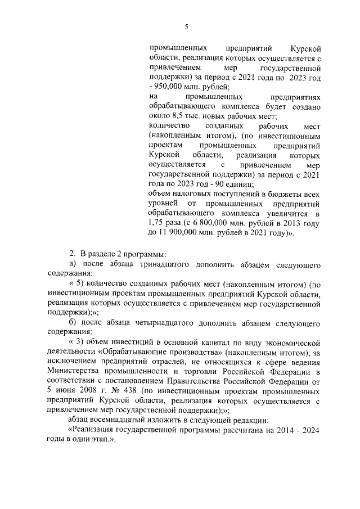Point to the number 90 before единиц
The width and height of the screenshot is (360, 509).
(215, 183)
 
